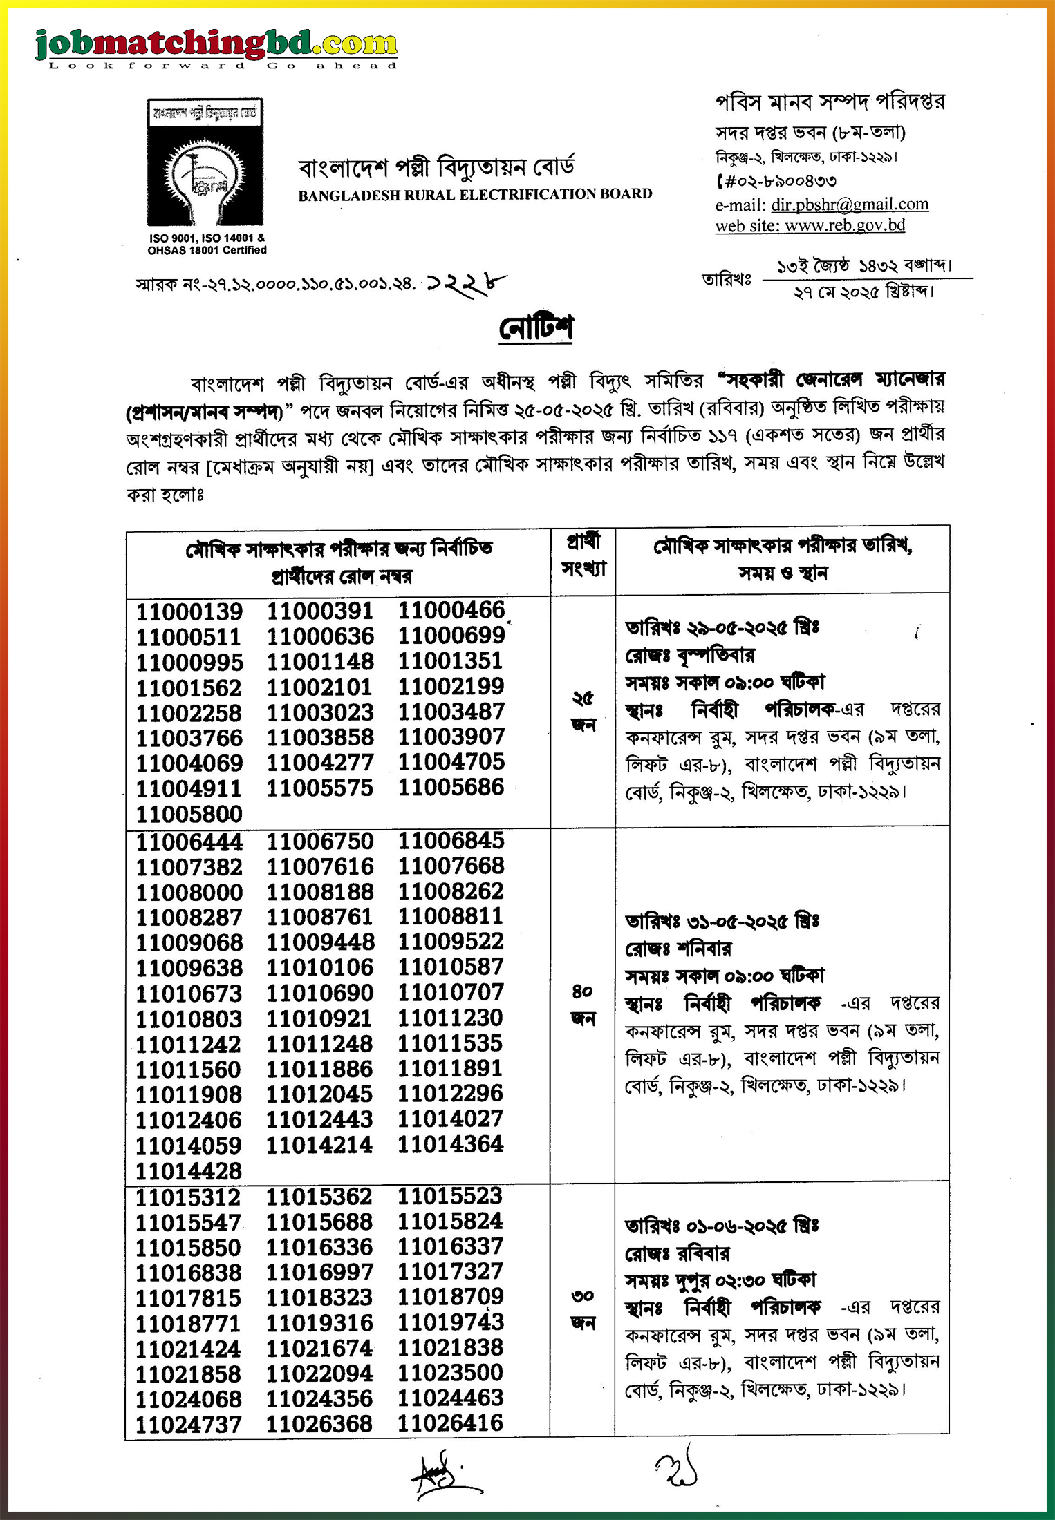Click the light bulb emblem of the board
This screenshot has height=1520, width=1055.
click(205, 173)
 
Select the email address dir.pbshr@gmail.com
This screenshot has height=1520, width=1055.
click(850, 205)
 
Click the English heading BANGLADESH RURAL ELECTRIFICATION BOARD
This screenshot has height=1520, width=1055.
click(475, 195)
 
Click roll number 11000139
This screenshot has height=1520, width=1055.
click(189, 611)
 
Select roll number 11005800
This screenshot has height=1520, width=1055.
click(189, 814)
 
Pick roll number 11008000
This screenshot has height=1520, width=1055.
click(189, 892)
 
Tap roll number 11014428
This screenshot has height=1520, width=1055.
click(189, 1171)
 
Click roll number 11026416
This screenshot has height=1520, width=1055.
click(450, 1423)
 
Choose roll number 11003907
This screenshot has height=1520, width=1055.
click(451, 737)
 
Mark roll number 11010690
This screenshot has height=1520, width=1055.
click(320, 993)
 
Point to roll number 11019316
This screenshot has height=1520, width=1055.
click(319, 1322)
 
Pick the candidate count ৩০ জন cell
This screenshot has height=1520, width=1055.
click(583, 1309)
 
